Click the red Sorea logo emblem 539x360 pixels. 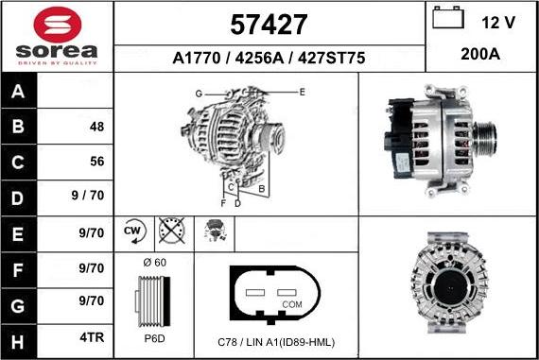point(58,25)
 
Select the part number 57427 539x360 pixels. point(269,25)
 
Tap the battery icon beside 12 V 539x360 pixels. point(448,18)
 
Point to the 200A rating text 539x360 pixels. point(480,54)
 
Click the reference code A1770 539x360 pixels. point(197,58)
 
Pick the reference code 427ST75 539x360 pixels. point(331,58)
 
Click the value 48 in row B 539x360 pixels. point(97,127)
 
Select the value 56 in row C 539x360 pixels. point(97,162)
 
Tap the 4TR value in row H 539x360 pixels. point(92,337)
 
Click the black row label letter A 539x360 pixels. point(18,92)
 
